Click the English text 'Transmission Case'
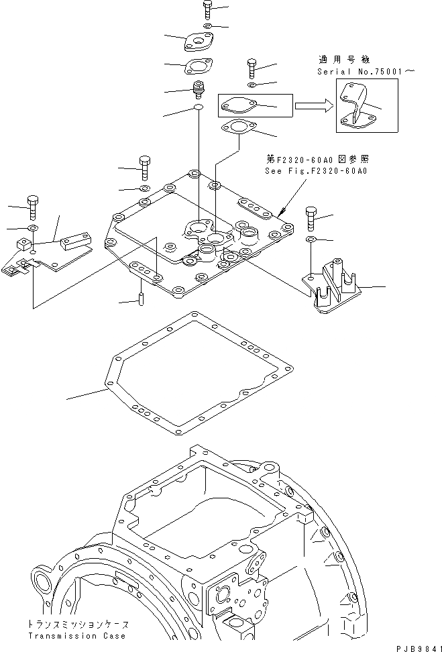pos(76,635)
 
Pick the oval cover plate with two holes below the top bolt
pos(197,42)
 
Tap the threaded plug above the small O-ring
pos(198,89)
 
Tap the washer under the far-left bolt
pos(32,227)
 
